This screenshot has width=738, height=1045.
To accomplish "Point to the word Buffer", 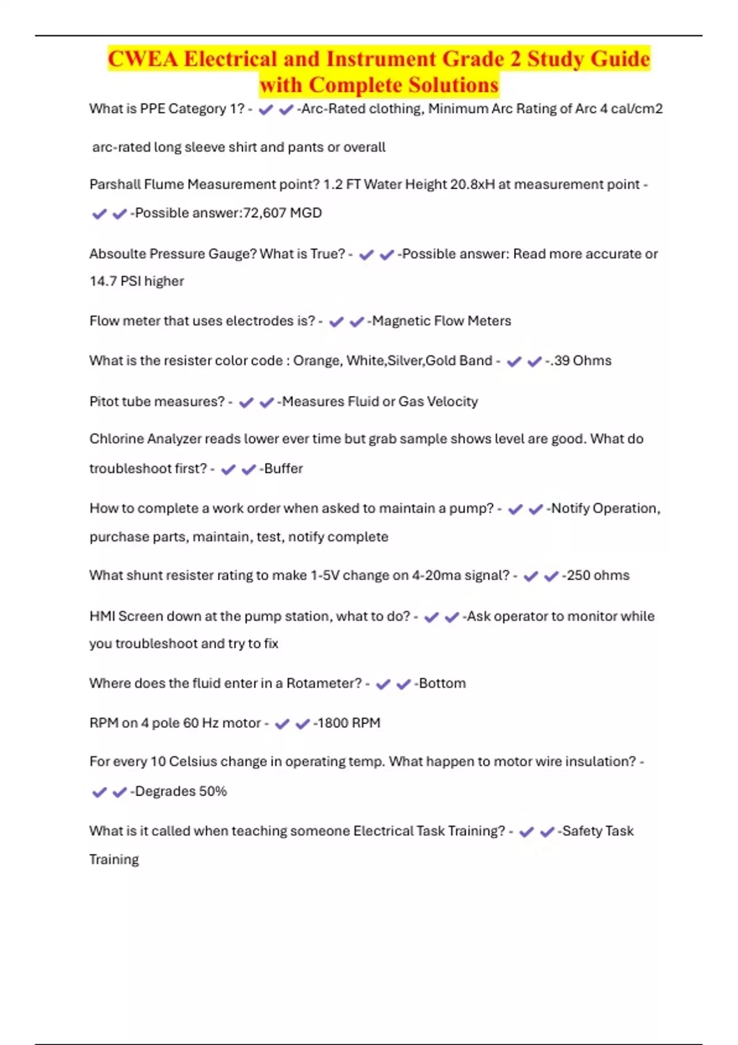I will point(284,468).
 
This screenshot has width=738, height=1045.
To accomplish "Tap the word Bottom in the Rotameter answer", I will point(442,684).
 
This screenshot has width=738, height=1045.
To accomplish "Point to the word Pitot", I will point(105,401).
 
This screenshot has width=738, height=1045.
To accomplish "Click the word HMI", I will point(101,616).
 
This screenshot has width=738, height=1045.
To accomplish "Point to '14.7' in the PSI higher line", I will point(103,281).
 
